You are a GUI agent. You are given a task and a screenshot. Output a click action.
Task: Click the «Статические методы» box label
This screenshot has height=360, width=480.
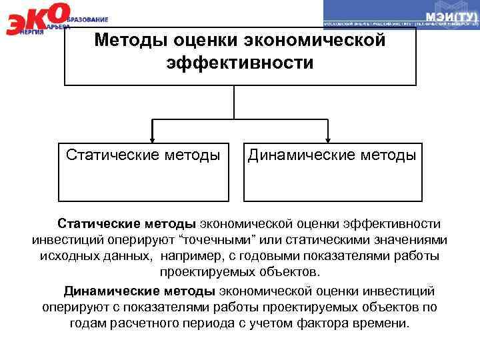pyautogui.click(x=143, y=155)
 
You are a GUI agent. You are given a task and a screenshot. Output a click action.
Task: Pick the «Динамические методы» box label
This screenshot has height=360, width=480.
pyautogui.click(x=333, y=155)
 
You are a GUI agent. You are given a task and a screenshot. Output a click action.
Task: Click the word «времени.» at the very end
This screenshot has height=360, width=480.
pyautogui.click(x=385, y=323)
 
